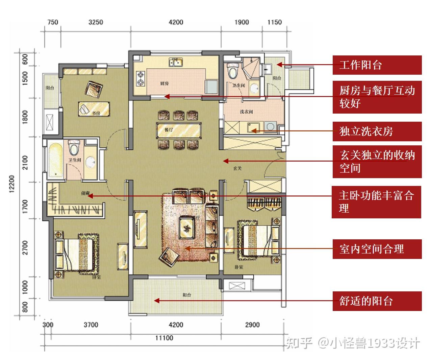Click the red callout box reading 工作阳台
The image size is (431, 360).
click(377, 65)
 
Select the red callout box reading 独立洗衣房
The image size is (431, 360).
click(377, 131)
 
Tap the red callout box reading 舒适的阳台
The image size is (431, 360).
click(377, 301)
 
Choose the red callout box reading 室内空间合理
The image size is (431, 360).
click(377, 249)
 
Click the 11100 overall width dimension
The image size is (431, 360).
click(164, 338)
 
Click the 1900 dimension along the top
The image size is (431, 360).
click(242, 22)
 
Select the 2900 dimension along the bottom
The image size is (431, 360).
click(252, 325)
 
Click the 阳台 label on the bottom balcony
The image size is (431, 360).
click(187, 295)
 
